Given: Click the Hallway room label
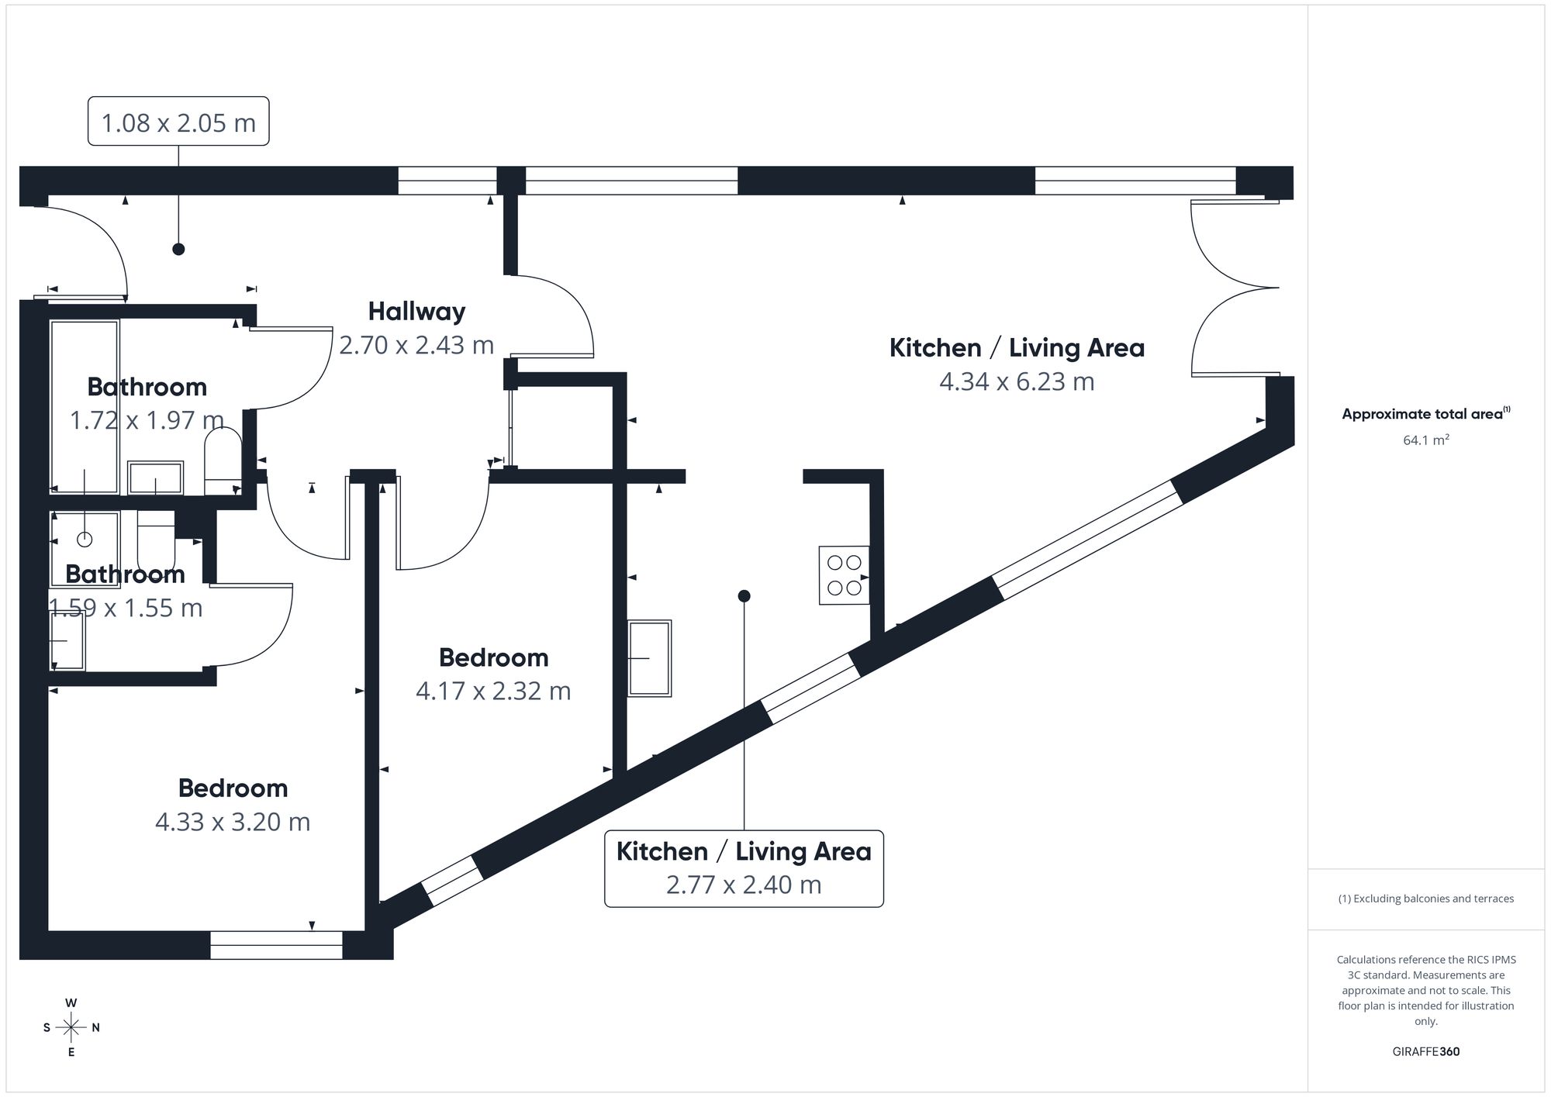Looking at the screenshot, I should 416,312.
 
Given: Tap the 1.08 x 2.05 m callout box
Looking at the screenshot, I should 178,122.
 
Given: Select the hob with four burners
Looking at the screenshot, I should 844,575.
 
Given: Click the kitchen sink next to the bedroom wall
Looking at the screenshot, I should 649,658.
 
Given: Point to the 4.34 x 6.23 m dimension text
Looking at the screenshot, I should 1017,382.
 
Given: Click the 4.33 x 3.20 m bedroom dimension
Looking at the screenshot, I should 233,822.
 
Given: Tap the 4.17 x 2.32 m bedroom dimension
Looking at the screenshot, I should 493,691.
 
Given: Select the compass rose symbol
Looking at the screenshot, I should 71,1028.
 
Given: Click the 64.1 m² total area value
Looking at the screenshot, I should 1425,440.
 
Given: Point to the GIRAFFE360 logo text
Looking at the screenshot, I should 1425,1051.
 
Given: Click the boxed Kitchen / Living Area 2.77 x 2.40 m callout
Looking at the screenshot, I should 744,868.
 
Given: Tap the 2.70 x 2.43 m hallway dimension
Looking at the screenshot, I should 416,345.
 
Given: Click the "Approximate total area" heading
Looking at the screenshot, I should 1422,414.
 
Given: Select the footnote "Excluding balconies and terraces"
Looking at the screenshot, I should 1425,899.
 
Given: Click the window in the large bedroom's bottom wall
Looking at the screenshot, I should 276,945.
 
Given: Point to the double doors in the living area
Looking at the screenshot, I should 1233,288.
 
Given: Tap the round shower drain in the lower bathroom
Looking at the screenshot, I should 85,539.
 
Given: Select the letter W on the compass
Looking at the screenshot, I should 71,1003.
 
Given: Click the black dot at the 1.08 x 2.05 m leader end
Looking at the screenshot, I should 178,249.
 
